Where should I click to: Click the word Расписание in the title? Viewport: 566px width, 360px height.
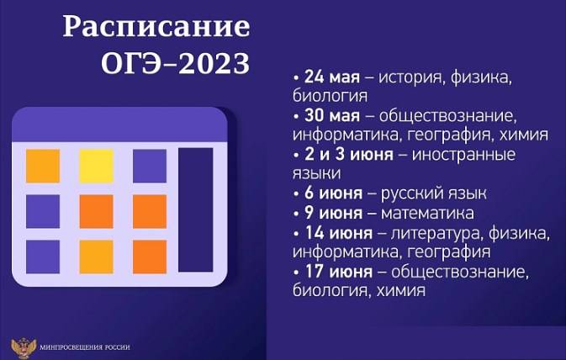pos(156,27)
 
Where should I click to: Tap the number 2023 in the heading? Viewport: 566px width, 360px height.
pos(214,64)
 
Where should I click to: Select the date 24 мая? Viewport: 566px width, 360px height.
pos(332,77)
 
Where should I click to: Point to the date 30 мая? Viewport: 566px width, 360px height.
pos(332,115)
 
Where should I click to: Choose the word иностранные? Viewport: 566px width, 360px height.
pos(463,155)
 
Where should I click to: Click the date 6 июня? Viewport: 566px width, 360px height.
pos(333,193)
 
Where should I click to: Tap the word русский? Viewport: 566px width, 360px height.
pos(411,193)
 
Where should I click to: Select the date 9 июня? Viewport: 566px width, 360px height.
pos(333,213)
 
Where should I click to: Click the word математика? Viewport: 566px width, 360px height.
pos(427,213)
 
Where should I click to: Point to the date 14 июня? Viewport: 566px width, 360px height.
pos(339,232)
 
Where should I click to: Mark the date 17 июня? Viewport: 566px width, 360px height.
pos(339,271)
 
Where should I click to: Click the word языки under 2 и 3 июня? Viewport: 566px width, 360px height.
pos(316,173)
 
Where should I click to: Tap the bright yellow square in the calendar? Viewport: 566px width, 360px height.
pos(97,166)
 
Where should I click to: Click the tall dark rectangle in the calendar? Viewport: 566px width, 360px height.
pos(196,209)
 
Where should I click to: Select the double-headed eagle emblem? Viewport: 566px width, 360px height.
pos(24,347)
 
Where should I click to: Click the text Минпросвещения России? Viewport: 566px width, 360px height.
pos(85,347)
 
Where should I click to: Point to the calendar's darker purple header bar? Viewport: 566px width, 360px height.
pos(119,124)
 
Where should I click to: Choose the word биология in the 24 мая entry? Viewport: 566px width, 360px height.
pos(330,97)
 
